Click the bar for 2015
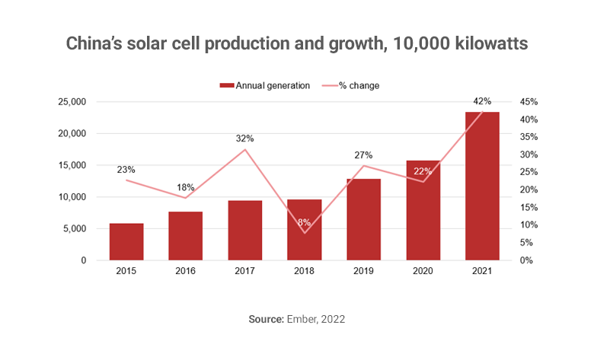coord(126,242)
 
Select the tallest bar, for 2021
coord(482,186)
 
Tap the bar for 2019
coord(363,220)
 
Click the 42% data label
coord(482,101)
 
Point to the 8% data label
coord(304,223)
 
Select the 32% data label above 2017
coord(245,139)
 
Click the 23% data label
coord(126,170)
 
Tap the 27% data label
coord(363,155)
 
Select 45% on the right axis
coord(529,102)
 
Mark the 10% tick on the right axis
coord(529,225)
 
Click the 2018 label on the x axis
coord(304,272)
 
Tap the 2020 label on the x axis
coord(423,272)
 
